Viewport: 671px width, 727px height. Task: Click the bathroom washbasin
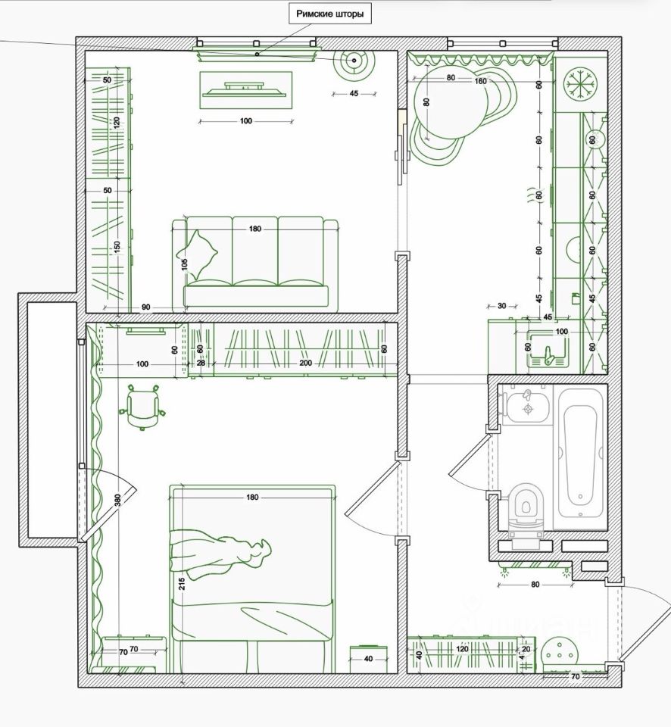[523, 407]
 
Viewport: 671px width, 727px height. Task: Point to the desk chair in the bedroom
[142, 407]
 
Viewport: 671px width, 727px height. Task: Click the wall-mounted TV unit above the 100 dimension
[245, 89]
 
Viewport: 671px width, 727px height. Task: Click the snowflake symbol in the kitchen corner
[581, 83]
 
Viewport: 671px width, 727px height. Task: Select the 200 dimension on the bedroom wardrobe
[305, 363]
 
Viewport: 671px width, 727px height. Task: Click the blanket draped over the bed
[220, 553]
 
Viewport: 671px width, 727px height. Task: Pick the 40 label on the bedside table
[369, 658]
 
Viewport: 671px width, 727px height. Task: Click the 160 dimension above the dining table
[479, 80]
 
